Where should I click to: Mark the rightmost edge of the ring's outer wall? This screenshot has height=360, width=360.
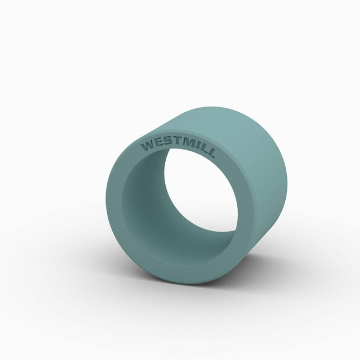(287, 179)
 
